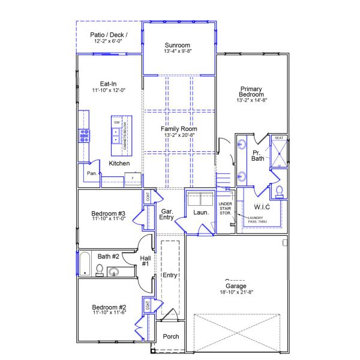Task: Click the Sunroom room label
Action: click(178, 45)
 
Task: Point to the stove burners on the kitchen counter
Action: click(83, 136)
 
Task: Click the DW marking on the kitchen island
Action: click(116, 122)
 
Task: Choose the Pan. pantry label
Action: click(92, 173)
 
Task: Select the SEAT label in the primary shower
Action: click(279, 138)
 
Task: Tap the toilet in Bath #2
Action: click(100, 269)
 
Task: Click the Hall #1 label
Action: click(145, 262)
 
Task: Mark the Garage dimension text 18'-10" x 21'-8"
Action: click(240, 293)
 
